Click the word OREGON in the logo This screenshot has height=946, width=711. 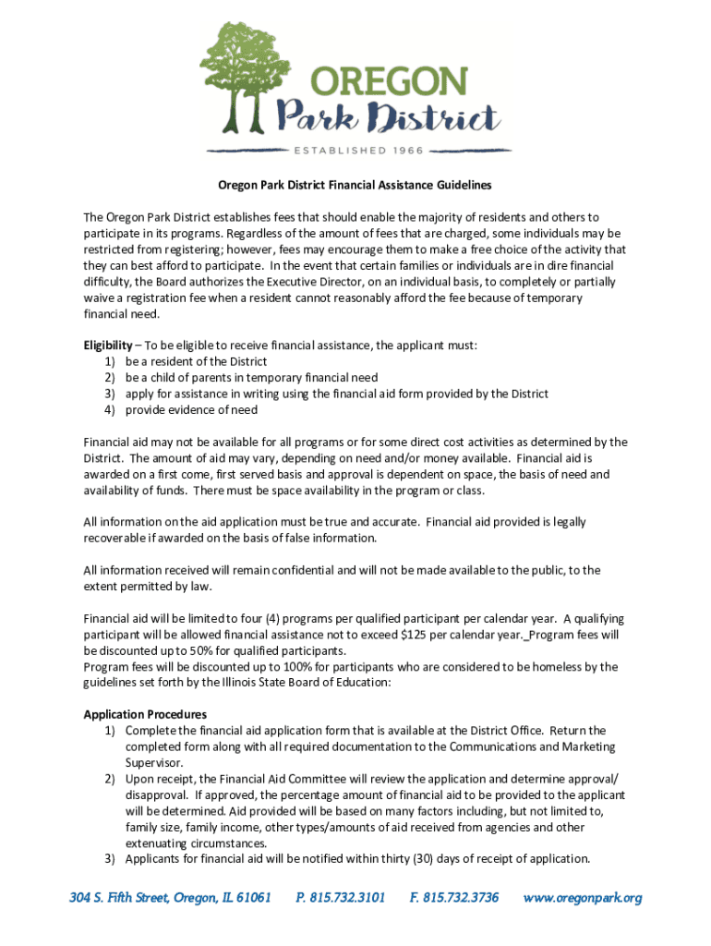pos(388,82)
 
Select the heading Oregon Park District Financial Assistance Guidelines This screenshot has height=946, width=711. pos(355,186)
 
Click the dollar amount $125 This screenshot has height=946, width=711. pos(415,636)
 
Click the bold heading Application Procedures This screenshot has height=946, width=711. pos(145,714)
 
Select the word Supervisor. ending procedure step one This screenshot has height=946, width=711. pos(154,763)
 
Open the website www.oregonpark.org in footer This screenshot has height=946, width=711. pos(583,897)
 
